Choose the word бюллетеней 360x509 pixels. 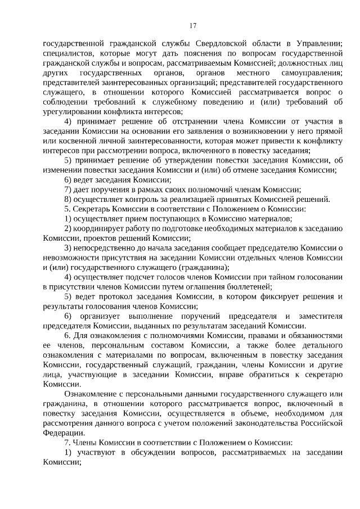(254, 287)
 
